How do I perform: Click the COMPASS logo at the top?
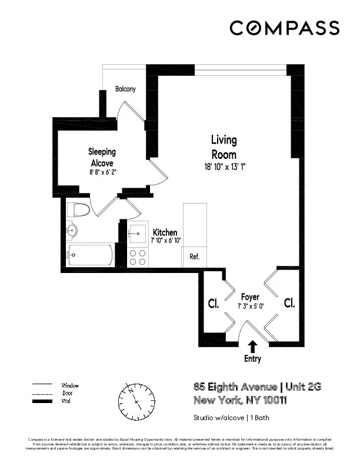[x=284, y=28]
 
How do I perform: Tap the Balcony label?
[x=125, y=89]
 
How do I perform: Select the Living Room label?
[x=224, y=147]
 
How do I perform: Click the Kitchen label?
[x=165, y=232]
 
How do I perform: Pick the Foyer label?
[x=250, y=297]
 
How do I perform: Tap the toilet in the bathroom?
[x=78, y=210]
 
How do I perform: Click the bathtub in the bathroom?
[x=90, y=255]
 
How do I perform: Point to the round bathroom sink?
[x=72, y=229]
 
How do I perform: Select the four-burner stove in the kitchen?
[x=138, y=257]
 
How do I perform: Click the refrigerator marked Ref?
[x=195, y=257]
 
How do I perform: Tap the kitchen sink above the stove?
[x=139, y=234]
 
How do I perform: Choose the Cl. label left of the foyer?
[x=213, y=304]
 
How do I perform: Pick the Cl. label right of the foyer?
[x=289, y=303]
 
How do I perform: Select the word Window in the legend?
[x=70, y=385]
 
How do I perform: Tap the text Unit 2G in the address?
[x=304, y=387]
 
